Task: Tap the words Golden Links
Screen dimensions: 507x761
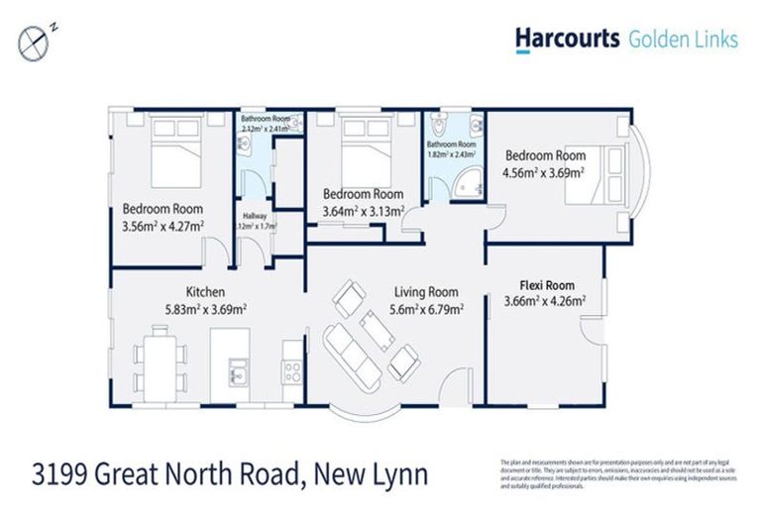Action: (x=682, y=39)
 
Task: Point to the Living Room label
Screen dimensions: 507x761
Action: (x=426, y=291)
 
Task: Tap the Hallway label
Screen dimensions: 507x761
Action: (x=256, y=215)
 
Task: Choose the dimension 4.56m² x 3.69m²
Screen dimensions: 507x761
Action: (x=544, y=172)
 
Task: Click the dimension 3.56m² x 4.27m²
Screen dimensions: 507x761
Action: (x=163, y=226)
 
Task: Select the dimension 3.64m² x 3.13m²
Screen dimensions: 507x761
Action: (x=363, y=210)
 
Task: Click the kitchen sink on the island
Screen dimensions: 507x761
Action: (x=238, y=373)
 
